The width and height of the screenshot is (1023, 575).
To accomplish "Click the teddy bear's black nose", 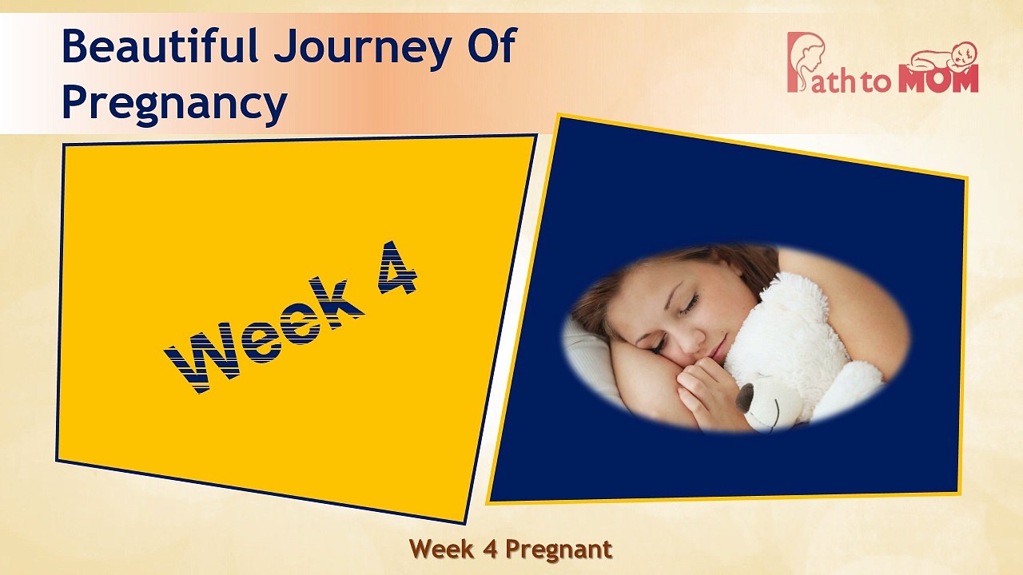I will (745, 397).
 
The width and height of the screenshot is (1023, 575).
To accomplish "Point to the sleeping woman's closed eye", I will (688, 304).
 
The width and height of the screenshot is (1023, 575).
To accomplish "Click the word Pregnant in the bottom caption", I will (559, 549).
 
